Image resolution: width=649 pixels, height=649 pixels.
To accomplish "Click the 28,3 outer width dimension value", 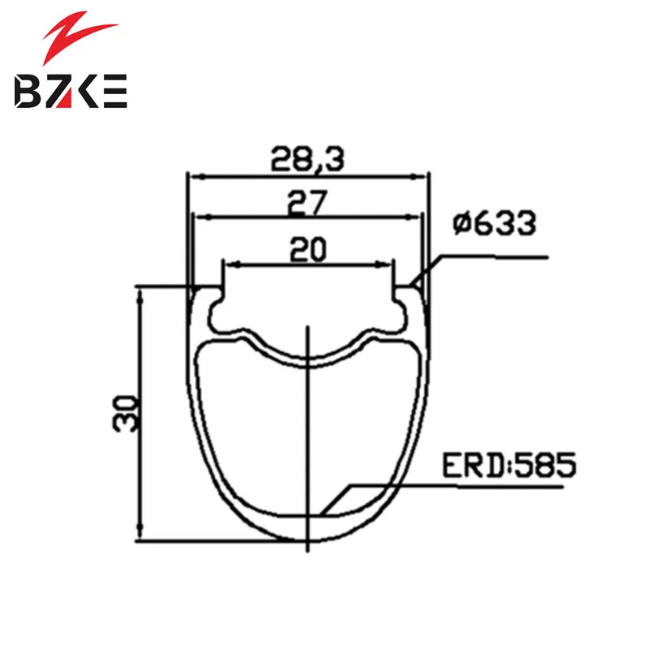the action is click(307, 159).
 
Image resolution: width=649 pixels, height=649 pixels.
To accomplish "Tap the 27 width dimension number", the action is click(307, 203).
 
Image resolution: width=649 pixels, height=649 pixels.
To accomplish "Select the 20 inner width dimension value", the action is click(308, 249).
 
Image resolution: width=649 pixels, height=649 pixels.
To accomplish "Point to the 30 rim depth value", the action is click(124, 414).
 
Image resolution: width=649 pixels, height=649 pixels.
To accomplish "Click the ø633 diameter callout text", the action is click(495, 224).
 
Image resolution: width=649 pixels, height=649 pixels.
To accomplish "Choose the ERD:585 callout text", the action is click(509, 465).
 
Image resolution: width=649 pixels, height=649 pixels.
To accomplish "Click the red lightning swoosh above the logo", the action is click(79, 37).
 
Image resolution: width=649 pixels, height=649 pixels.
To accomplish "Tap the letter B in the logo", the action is click(28, 91).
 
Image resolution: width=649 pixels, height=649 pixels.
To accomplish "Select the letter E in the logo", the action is click(113, 91).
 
